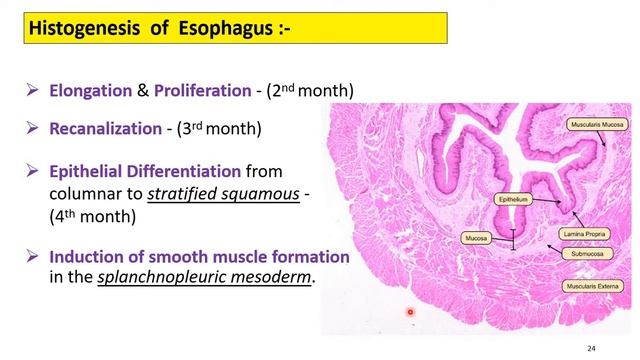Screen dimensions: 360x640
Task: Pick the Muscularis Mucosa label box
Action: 597,124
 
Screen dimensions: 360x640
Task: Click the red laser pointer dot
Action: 411,313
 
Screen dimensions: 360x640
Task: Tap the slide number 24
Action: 591,347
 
